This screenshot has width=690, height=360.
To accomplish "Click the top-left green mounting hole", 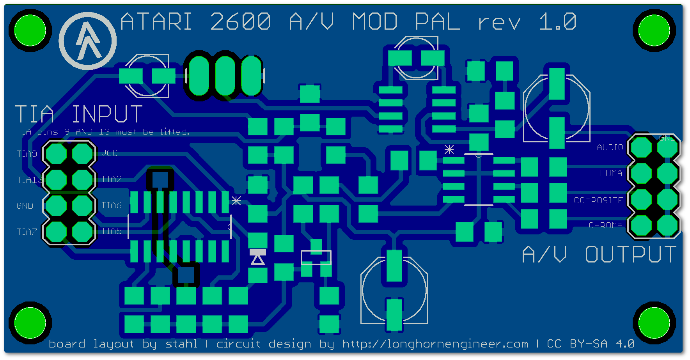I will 30,30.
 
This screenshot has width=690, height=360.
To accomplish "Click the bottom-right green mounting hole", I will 654,323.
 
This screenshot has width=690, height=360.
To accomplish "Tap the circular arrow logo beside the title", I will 88,41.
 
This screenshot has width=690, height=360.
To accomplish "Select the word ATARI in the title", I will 156,21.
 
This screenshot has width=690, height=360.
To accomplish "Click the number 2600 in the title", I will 240,21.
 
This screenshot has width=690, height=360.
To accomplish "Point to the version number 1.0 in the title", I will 558,21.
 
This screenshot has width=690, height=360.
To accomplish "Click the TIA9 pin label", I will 27,154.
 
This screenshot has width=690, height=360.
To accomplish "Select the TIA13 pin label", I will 30,180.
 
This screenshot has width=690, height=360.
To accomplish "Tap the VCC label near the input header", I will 109,153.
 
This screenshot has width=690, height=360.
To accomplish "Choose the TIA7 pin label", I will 27,232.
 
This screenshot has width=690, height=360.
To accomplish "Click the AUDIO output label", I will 610,147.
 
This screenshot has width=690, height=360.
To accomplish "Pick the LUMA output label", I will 611,173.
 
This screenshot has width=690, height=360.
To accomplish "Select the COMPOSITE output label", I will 598,200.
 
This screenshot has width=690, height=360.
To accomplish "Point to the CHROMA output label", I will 606,225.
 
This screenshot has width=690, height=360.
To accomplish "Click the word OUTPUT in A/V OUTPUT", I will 631,254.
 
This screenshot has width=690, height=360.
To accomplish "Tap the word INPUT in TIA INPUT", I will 107,114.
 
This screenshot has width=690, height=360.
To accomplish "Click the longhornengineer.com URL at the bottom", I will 435,344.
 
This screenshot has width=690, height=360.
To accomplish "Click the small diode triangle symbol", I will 257,259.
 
